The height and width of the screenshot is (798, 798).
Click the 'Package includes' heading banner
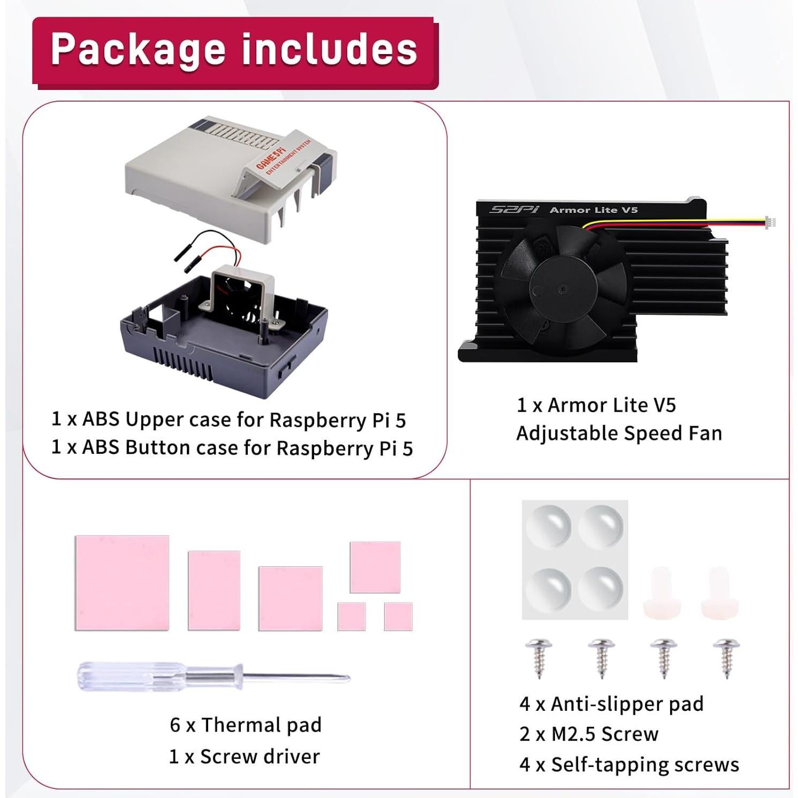tap(234, 50)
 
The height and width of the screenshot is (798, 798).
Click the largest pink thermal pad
tap(122, 583)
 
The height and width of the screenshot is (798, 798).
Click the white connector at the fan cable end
tap(770, 222)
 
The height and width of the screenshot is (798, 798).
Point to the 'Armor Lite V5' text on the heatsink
tap(594, 210)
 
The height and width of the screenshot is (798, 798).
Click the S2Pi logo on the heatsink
tap(514, 209)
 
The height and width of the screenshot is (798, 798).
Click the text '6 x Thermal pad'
tap(246, 725)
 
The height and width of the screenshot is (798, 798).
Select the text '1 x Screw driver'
tap(244, 756)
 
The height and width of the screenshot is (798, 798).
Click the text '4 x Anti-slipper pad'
tap(611, 704)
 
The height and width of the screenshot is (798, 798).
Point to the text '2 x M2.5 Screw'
tap(589, 734)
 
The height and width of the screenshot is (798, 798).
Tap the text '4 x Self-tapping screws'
tap(629, 764)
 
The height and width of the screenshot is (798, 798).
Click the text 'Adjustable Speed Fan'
tap(619, 433)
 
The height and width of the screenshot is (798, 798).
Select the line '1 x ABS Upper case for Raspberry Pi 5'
tap(229, 420)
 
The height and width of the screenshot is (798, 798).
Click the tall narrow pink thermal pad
tap(214, 590)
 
